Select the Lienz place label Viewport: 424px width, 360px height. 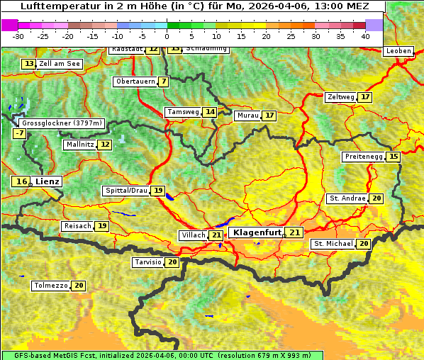click(48, 181)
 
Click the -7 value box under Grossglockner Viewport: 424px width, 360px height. click(19, 133)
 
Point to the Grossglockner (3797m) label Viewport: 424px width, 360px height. click(62, 123)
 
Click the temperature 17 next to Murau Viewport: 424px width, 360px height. click(269, 116)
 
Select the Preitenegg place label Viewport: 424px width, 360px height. click(363, 157)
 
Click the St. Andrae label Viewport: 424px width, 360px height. click(347, 198)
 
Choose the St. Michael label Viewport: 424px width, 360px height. click(333, 244)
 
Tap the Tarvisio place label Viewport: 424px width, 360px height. click(147, 262)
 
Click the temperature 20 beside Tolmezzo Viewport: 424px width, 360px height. click(79, 286)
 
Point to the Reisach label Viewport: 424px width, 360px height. click(77, 226)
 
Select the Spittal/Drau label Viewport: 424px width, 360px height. click(126, 191)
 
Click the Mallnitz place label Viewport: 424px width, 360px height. click(79, 145)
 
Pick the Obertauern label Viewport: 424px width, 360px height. click(135, 81)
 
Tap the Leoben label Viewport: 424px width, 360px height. click(398, 51)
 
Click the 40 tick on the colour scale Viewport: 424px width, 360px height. click(365, 35)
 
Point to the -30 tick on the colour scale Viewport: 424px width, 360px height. click(18, 35)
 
